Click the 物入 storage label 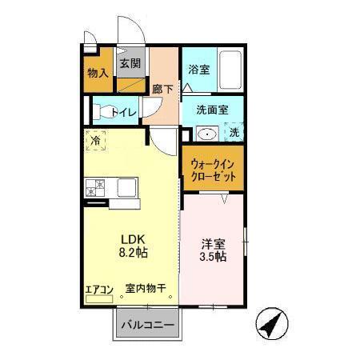coord(98,73)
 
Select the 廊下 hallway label coord(162,90)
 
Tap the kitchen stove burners coord(96,188)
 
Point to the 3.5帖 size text coord(213,258)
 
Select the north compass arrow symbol coord(271,325)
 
